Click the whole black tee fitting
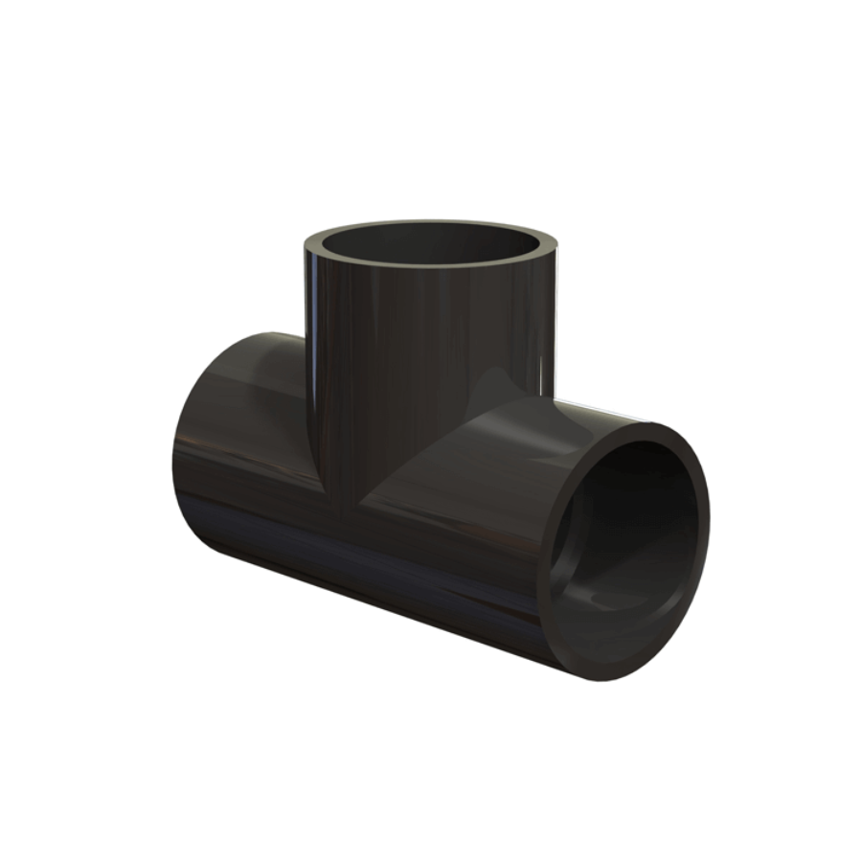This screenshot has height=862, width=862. [x=431, y=460]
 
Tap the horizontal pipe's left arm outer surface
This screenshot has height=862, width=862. [x=249, y=450]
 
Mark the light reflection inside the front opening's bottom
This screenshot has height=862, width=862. [x=613, y=603]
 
